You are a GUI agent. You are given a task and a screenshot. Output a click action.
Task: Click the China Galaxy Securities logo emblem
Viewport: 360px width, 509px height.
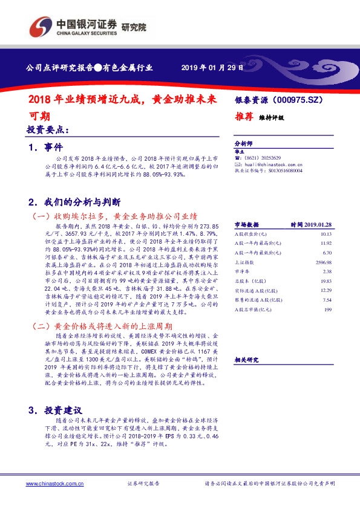click(41, 27)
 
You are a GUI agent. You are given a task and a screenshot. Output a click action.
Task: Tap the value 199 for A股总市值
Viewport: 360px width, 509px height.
click(329, 309)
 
